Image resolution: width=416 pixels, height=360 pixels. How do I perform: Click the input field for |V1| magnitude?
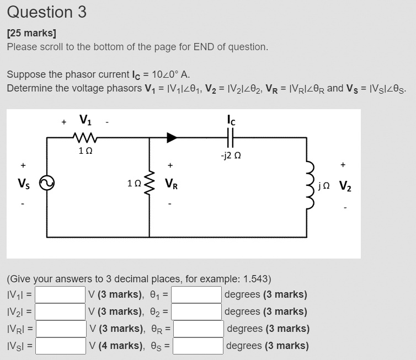(x=61, y=294)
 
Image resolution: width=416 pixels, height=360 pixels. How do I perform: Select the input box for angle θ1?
(x=197, y=294)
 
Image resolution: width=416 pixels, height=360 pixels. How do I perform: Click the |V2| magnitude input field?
(x=61, y=311)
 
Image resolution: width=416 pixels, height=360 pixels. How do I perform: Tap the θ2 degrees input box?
(x=197, y=311)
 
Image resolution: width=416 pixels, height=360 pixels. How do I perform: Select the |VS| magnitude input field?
(x=61, y=346)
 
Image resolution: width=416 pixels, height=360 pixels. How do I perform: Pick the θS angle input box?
(x=197, y=346)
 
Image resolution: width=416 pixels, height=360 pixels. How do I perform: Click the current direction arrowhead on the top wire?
(x=172, y=137)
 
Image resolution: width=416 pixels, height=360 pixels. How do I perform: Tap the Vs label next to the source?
(x=23, y=185)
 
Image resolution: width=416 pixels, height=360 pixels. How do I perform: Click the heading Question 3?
(x=47, y=12)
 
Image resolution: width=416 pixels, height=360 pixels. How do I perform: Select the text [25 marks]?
(x=31, y=33)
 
